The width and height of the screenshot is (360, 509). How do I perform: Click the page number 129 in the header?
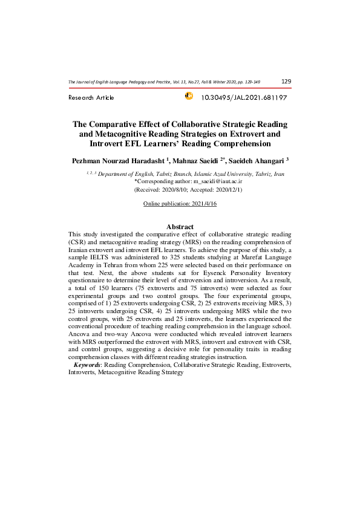click(286, 81)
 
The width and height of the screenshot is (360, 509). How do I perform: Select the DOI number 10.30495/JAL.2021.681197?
click(244, 97)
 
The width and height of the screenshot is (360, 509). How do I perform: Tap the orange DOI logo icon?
click(188, 96)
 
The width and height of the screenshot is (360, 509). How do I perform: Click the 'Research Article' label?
click(91, 98)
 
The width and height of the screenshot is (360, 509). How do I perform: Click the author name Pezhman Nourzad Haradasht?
click(120, 160)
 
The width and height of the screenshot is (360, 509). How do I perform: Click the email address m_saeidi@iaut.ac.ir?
click(217, 181)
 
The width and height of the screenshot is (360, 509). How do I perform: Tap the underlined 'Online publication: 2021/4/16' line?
click(180, 204)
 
